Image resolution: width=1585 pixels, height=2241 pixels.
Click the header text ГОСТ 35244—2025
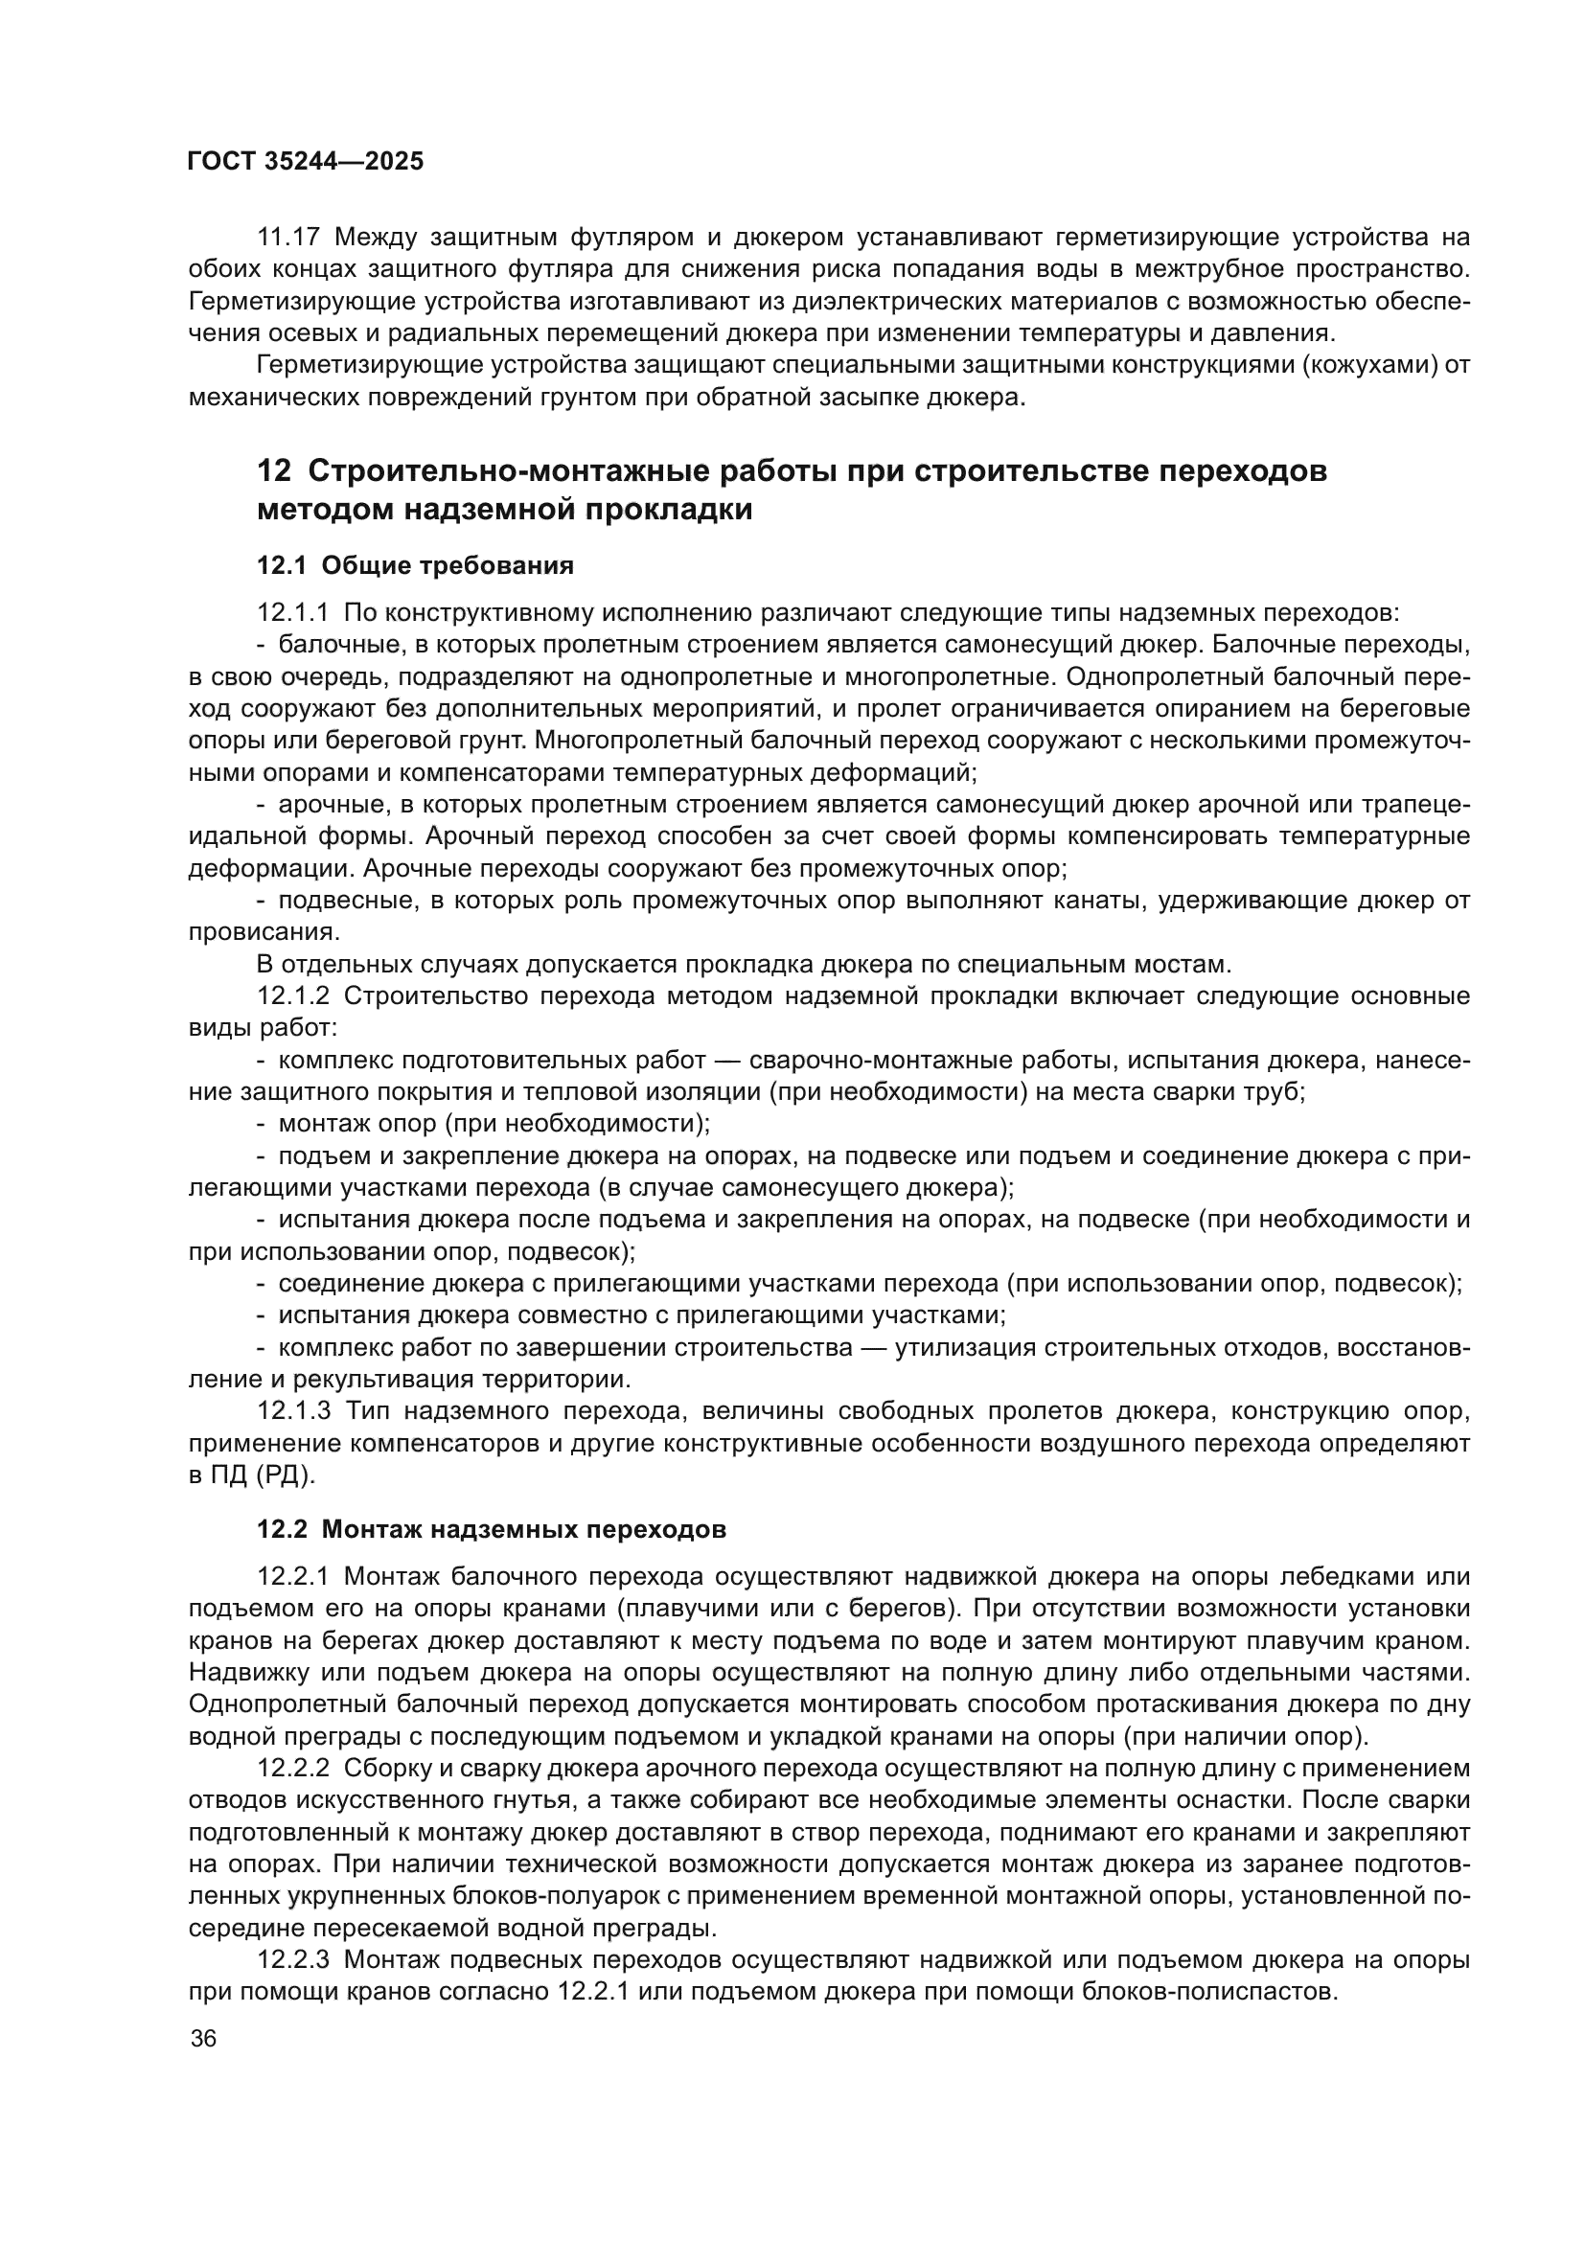pos(306,162)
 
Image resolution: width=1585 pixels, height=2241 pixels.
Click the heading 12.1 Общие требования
pos(415,565)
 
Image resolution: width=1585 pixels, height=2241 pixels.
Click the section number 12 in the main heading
pos(273,470)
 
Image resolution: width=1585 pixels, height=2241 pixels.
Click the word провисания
pos(263,932)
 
